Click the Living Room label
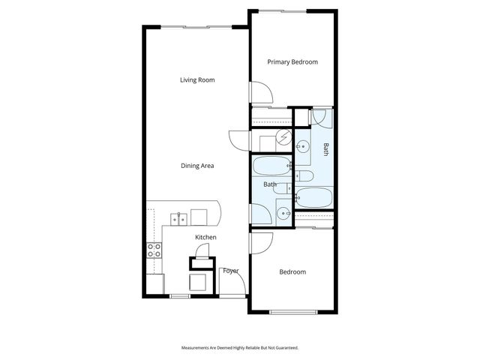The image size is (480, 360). tap(198, 79)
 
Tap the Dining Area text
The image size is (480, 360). tap(198, 166)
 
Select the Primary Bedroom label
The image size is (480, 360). tap(292, 62)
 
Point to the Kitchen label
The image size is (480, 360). tap(205, 238)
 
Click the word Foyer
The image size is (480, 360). tap(230, 270)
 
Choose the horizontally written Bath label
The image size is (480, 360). tap(270, 184)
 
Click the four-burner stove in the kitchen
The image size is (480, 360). tap(154, 250)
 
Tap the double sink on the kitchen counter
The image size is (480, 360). tap(178, 219)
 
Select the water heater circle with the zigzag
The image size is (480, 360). tap(283, 136)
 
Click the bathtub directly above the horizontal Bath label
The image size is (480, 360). tap(271, 166)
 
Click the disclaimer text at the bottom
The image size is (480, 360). tap(239, 348)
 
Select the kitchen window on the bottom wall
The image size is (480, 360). tap(179, 296)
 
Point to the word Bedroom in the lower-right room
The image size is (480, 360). tap(292, 272)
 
